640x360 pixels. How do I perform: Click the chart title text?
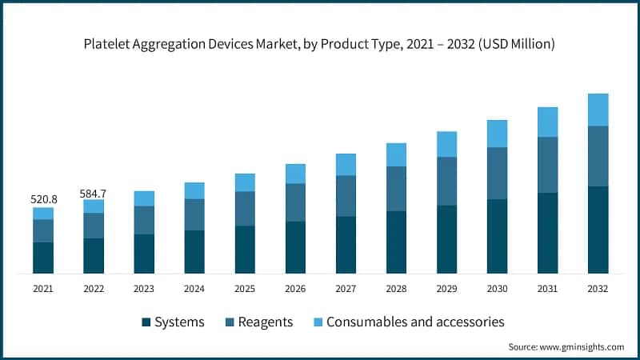[320, 46]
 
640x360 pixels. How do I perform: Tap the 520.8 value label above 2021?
[43, 199]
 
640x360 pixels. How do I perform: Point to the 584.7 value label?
[94, 193]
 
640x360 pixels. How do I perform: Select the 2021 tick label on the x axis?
[43, 289]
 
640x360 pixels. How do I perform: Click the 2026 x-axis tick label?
[295, 289]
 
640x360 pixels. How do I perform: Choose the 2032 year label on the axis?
[598, 289]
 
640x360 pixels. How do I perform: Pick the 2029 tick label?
[446, 289]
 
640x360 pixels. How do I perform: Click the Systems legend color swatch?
[146, 322]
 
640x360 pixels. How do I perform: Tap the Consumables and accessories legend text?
[416, 322]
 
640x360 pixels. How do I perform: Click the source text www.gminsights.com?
[566, 346]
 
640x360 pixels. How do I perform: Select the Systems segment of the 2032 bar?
[598, 230]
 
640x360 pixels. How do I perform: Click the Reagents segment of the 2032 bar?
[598, 156]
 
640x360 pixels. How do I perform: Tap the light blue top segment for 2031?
[547, 122]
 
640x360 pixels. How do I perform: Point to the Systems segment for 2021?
[43, 258]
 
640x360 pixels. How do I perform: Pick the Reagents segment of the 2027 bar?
[346, 196]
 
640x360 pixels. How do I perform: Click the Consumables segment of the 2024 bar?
[194, 190]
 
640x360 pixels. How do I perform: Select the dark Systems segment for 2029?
[446, 239]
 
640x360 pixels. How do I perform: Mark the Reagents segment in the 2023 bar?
[144, 220]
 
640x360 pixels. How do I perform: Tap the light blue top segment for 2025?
[245, 182]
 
